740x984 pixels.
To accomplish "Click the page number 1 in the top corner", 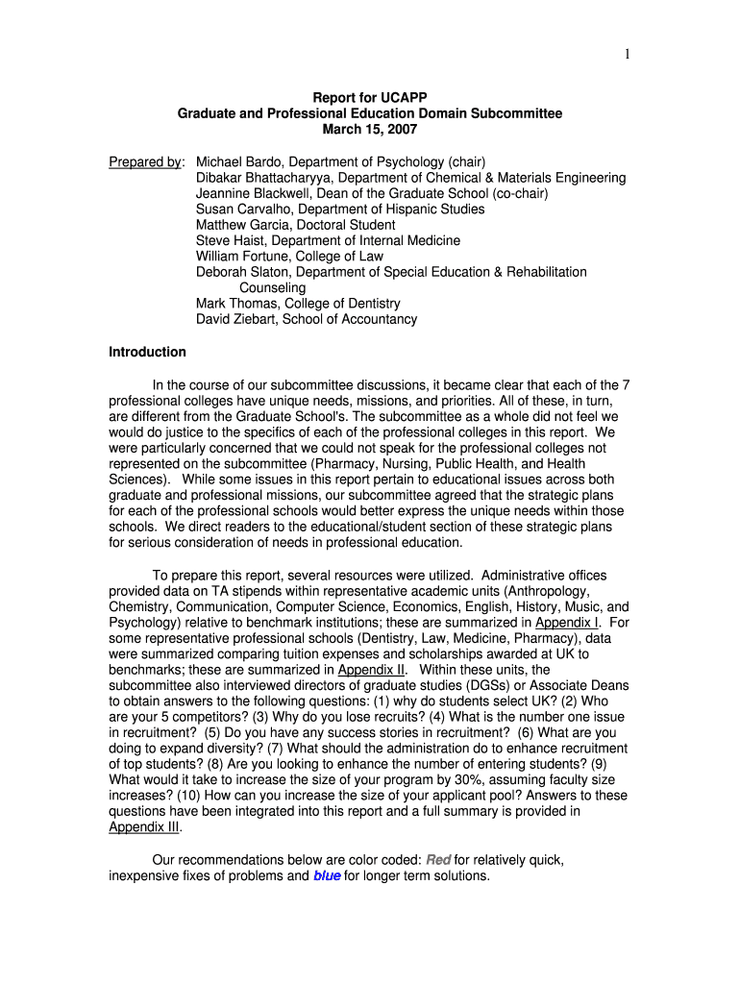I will click(627, 55).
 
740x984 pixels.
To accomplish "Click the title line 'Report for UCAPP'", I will click(370, 98).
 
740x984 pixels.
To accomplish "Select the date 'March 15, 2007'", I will click(370, 130).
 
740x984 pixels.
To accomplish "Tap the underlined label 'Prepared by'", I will click(145, 161).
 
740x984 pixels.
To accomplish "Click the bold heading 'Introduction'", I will click(147, 352).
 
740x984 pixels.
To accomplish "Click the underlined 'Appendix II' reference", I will click(373, 670).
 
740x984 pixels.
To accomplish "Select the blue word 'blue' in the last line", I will click(327, 875).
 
